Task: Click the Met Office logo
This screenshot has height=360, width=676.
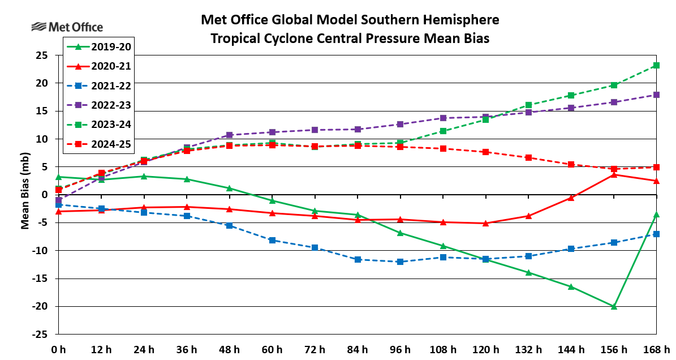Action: click(67, 27)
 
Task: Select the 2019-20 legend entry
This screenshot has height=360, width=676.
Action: click(98, 46)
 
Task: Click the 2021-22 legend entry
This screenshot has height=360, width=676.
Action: click(98, 86)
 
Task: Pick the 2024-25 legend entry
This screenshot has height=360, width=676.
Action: click(98, 144)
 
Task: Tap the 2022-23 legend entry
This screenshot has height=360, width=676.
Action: click(98, 105)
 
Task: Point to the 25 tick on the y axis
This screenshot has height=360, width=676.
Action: click(41, 55)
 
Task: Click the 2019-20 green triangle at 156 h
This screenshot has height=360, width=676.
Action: click(614, 306)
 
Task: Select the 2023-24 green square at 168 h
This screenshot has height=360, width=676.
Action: click(656, 66)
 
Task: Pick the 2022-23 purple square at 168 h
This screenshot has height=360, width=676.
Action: click(656, 95)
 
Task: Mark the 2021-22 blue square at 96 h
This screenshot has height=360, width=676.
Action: click(400, 262)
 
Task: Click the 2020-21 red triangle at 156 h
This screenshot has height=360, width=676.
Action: click(614, 174)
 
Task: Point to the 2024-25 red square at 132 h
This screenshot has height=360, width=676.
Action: click(528, 157)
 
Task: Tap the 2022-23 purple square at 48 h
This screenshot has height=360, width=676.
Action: click(229, 135)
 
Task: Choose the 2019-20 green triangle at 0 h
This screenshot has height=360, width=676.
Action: click(58, 177)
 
